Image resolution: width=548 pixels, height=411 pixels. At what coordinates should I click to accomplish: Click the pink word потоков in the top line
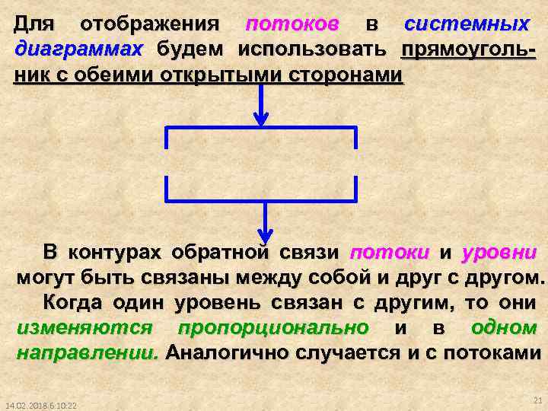coord(292,24)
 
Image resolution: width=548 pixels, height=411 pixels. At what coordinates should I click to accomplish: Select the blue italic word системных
coord(466,24)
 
